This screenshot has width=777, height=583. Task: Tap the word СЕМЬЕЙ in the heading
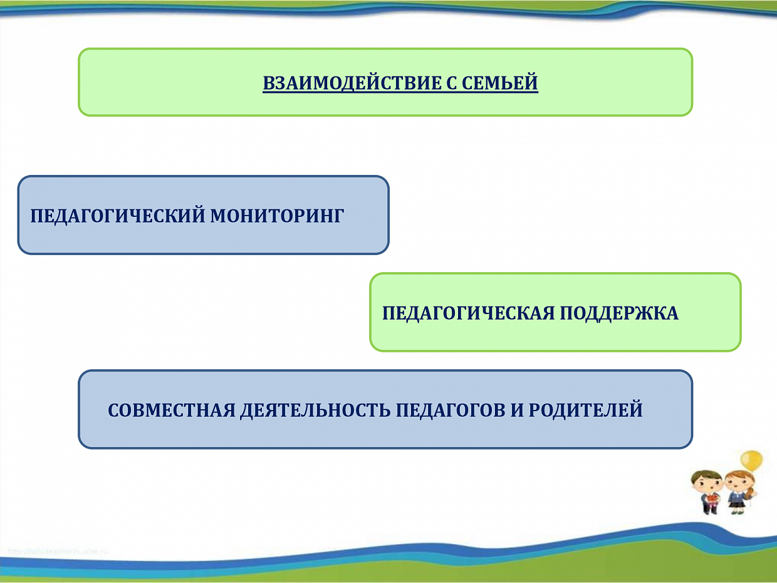pos(500,83)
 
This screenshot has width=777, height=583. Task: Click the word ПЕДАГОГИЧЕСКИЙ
pos(118,216)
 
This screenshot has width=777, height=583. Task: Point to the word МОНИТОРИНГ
pos(277,216)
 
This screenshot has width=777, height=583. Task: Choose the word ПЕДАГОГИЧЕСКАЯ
pos(468,313)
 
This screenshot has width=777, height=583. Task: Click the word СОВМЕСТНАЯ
pos(172,410)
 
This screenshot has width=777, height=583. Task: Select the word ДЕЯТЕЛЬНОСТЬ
pos(315,411)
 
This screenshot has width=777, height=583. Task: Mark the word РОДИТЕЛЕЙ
pos(585,409)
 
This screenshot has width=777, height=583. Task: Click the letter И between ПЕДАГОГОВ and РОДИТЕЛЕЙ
pos(517,410)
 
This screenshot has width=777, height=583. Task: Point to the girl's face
pos(738,486)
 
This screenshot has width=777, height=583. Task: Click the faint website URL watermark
pos(58,551)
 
